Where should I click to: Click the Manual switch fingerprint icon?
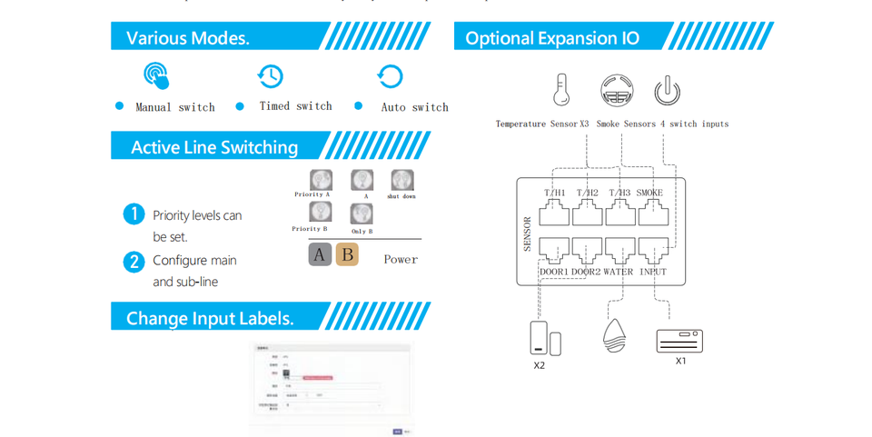(x=156, y=75)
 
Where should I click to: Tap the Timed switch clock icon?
(x=270, y=76)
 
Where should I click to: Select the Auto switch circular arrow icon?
(x=390, y=76)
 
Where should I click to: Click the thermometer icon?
(x=561, y=90)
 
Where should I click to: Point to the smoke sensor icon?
(x=617, y=90)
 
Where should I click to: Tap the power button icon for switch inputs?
(x=667, y=90)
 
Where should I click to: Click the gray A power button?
(x=320, y=254)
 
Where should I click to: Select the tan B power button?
(x=347, y=254)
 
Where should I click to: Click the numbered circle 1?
(x=134, y=214)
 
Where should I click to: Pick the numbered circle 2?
(x=134, y=262)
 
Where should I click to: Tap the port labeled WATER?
(x=619, y=250)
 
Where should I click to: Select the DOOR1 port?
(x=554, y=250)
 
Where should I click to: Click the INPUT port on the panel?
(x=653, y=250)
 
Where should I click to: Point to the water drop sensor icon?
(x=614, y=335)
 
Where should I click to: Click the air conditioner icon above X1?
(x=679, y=341)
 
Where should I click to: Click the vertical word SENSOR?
(x=528, y=233)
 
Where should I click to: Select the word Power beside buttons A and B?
(x=401, y=260)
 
